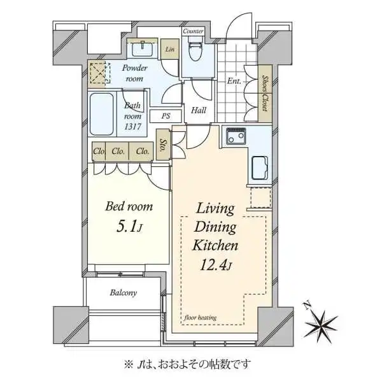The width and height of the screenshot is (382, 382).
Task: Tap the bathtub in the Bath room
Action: (102, 114)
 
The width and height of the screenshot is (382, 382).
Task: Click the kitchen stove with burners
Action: (236, 136)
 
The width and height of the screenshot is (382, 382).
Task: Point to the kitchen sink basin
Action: (260, 168)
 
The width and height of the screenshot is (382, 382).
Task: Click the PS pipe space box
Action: (166, 116)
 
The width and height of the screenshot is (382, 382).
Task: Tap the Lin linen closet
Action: (170, 49)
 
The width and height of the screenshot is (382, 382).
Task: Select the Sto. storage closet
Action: (163, 145)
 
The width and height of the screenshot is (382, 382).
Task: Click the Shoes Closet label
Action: (265, 94)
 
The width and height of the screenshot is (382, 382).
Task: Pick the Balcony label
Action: (124, 292)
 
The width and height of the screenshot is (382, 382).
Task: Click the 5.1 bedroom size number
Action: (126, 227)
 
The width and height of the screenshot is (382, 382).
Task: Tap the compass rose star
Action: (321, 324)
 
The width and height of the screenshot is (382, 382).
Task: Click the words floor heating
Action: (201, 318)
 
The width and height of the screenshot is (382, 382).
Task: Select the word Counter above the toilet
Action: (193, 31)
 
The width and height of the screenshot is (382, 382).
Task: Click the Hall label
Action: (199, 110)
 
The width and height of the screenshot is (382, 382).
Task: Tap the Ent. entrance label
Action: (234, 81)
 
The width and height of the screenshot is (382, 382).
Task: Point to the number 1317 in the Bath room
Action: (132, 127)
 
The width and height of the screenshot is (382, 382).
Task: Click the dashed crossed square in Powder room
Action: (100, 73)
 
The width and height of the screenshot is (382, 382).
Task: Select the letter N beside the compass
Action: (308, 305)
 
